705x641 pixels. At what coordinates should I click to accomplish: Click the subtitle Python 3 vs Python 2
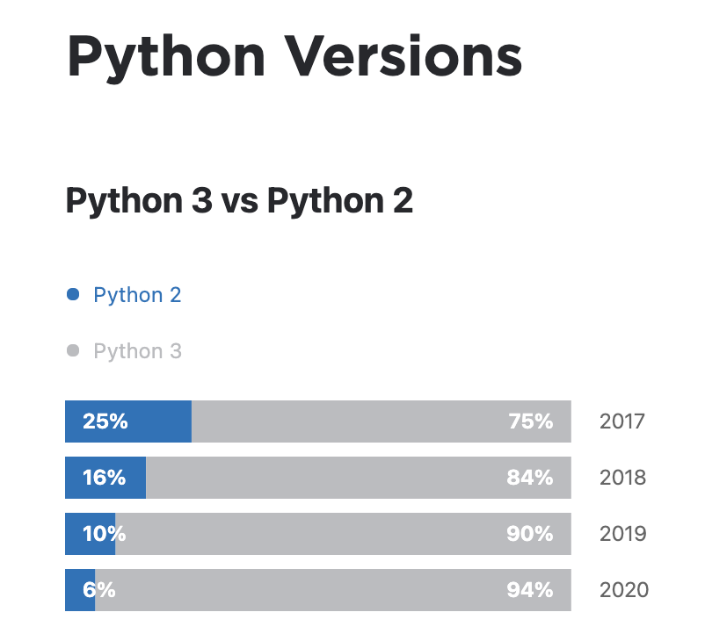coord(239,201)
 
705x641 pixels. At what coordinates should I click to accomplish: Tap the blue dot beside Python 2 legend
coord(74,294)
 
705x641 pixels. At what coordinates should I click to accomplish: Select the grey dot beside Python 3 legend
coord(74,350)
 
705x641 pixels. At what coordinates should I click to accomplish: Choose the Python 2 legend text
coord(137,295)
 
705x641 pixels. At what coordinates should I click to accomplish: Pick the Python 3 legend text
coord(137,351)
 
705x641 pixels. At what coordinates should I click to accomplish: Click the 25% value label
coord(105,421)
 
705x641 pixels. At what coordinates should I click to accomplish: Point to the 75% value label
coord(531,421)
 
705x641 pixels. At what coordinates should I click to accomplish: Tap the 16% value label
coord(105,478)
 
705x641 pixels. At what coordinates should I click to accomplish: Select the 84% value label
coord(530,478)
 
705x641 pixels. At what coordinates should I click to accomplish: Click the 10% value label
coord(105,534)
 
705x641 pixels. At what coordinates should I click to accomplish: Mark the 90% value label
coord(530,534)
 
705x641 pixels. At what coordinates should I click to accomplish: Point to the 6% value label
coord(99,590)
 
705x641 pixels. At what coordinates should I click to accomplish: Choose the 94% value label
coord(530,590)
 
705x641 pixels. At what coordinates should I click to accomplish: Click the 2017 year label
coord(622,421)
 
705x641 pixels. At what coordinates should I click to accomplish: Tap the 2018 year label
coord(622,478)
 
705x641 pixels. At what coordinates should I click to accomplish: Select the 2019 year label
coord(622,534)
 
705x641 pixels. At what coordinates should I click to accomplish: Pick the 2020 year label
coord(623,590)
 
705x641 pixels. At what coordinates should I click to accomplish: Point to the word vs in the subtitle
coord(238,202)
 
